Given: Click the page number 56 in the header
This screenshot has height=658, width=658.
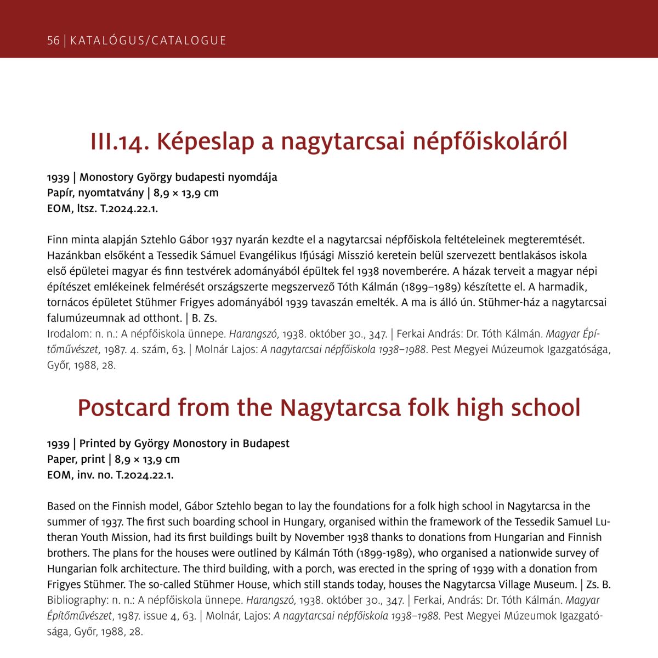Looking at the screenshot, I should point(53,41).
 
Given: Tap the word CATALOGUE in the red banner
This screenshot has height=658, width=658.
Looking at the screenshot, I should point(189,41).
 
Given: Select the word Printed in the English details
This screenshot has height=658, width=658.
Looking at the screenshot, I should point(98,443).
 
